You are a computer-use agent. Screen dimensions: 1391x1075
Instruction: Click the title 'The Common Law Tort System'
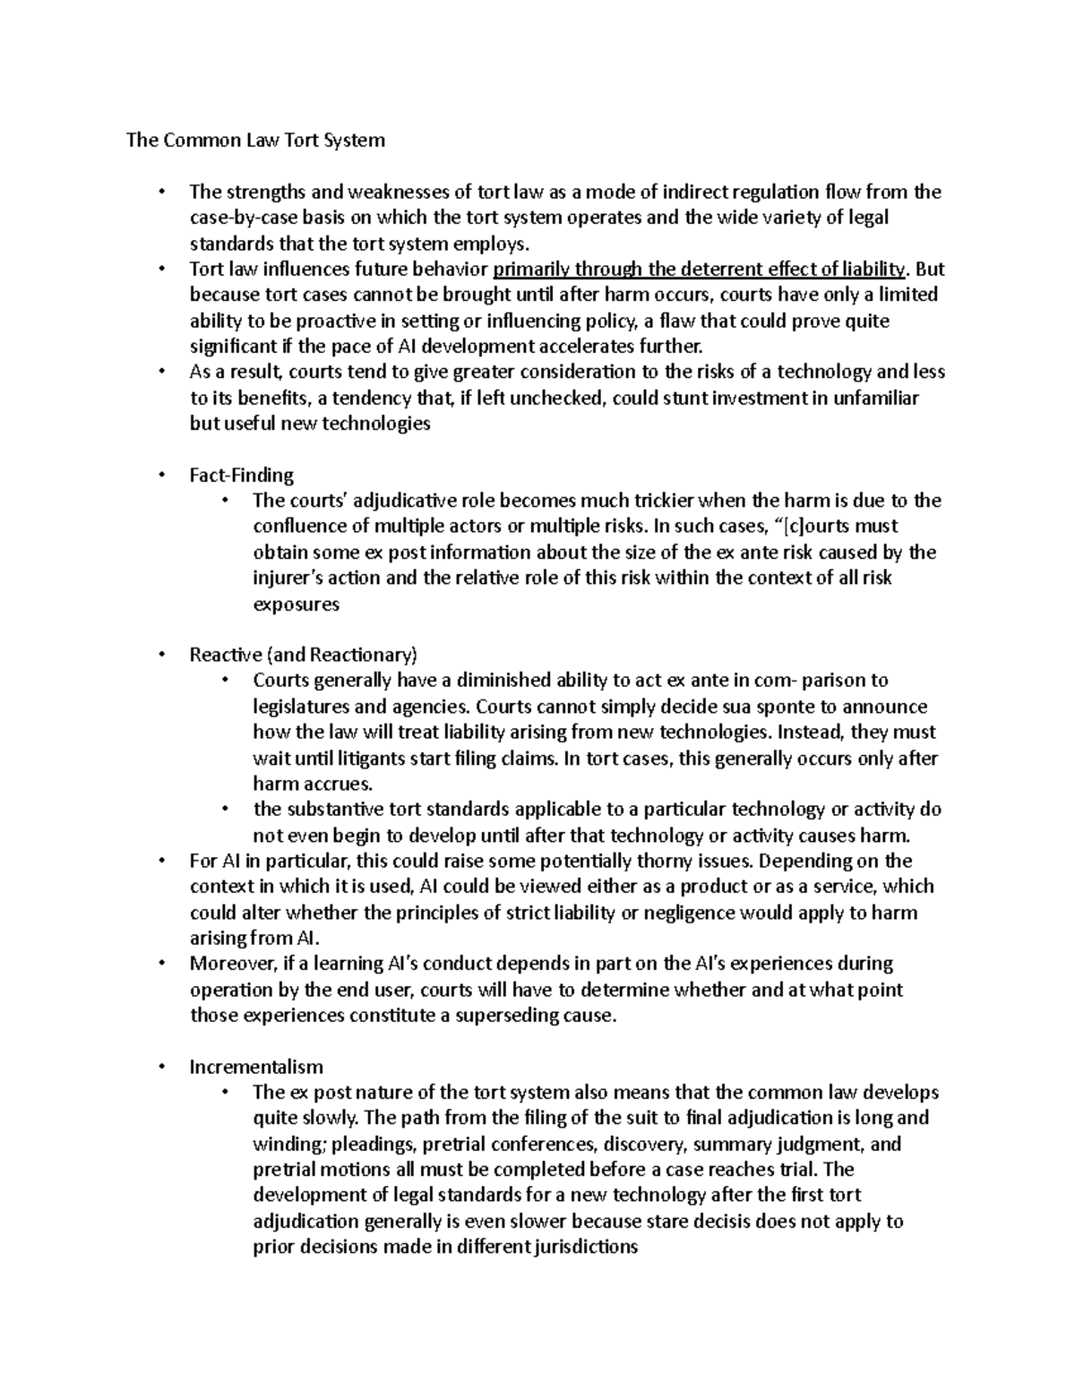coord(255,140)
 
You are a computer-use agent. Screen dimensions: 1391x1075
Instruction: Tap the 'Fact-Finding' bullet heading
coord(241,475)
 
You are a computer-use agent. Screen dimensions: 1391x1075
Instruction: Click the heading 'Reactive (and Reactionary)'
coord(304,655)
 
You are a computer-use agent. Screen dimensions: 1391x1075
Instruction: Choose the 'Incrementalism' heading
coord(256,1067)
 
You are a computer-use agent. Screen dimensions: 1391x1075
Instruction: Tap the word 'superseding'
coord(509,1016)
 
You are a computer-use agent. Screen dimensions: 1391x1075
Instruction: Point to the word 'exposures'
coord(297,605)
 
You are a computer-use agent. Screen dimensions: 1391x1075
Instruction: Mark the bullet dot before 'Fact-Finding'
coord(161,476)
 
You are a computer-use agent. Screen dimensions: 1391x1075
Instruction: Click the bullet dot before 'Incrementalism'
coord(161,1068)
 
